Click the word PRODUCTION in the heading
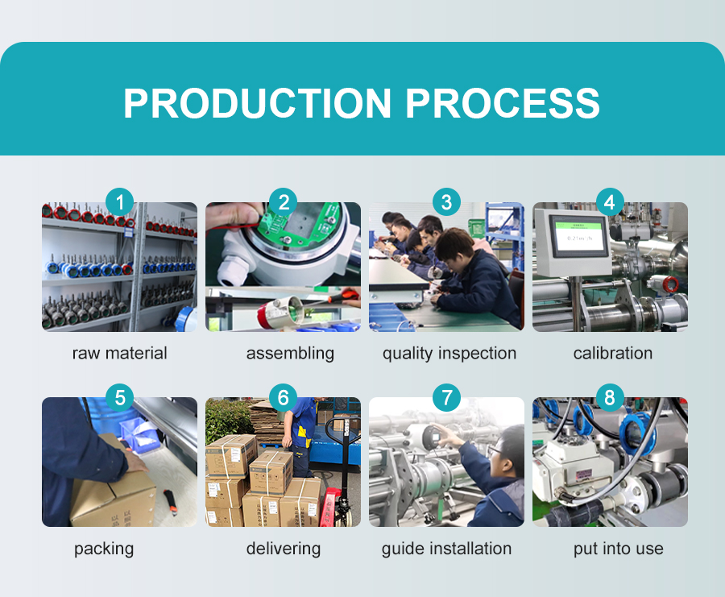[258, 103]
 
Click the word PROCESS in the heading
[503, 103]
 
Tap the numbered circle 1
[120, 202]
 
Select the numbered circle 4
[610, 202]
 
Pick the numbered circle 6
[283, 398]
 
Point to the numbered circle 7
[446, 398]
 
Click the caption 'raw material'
[120, 354]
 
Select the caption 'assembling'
[290, 354]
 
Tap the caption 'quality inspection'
[449, 354]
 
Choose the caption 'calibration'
[613, 354]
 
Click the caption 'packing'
[104, 549]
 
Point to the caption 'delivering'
[284, 549]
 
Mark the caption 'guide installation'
[446, 549]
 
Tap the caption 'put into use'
[619, 549]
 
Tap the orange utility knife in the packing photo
[171, 503]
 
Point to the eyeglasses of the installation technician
[495, 450]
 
